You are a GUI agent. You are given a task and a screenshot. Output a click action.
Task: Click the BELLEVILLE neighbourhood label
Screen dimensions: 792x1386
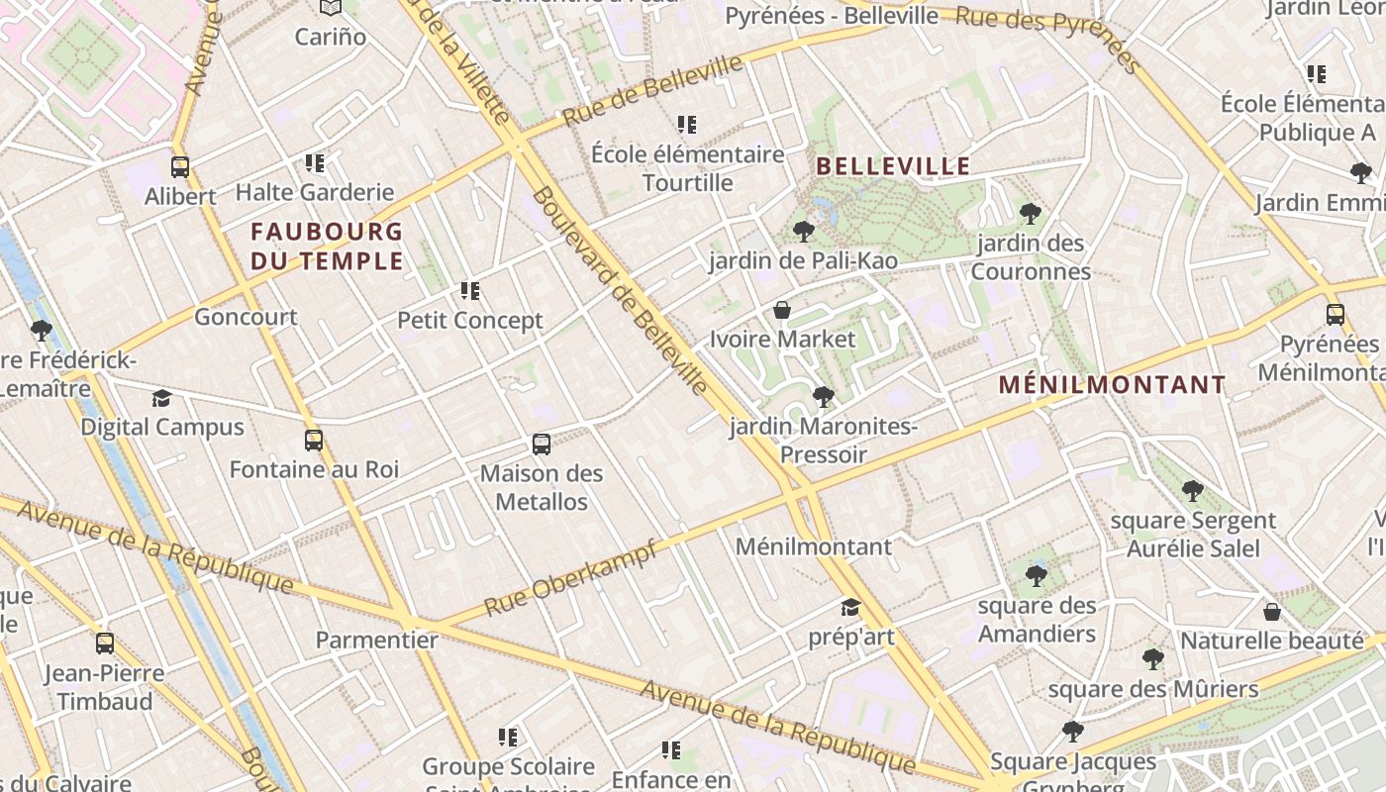pyautogui.click(x=893, y=165)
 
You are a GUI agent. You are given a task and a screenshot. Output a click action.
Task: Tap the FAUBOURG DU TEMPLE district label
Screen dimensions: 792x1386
pyautogui.click(x=327, y=247)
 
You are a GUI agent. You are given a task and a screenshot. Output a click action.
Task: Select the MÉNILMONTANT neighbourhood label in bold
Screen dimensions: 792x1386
pyautogui.click(x=1112, y=384)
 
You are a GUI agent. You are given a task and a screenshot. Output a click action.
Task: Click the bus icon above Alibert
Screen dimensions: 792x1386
pyautogui.click(x=179, y=166)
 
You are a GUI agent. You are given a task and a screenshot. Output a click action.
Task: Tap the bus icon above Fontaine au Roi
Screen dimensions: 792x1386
pyautogui.click(x=314, y=441)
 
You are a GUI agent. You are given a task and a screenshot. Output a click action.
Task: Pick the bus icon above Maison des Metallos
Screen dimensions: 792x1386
pyautogui.click(x=542, y=444)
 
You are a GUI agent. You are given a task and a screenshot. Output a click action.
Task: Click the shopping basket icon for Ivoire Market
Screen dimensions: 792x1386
pyautogui.click(x=782, y=310)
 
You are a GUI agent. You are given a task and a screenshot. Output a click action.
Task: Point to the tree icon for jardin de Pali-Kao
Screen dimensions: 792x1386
pyautogui.click(x=803, y=232)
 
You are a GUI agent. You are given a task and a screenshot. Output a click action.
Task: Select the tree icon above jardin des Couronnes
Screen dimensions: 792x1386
pyautogui.click(x=1030, y=213)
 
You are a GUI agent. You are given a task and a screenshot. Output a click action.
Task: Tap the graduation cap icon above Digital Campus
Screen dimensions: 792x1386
pyautogui.click(x=161, y=398)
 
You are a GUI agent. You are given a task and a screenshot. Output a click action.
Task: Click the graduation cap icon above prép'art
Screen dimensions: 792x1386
pyautogui.click(x=850, y=607)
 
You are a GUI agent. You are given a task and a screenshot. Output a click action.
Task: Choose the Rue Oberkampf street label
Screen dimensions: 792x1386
pyautogui.click(x=570, y=578)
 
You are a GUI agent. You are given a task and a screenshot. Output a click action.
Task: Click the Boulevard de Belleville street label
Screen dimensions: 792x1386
pyautogui.click(x=621, y=290)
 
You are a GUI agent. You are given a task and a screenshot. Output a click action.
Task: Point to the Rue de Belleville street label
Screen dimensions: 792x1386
pyautogui.click(x=652, y=90)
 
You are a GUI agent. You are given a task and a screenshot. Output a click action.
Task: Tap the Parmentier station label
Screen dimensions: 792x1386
pyautogui.click(x=376, y=640)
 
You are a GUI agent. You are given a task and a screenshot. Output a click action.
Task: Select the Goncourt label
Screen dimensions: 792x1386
pyautogui.click(x=246, y=317)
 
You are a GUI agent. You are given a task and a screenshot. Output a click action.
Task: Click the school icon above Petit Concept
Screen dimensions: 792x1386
pyautogui.click(x=470, y=291)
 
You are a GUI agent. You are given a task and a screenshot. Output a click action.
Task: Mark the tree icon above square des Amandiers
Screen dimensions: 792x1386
pyautogui.click(x=1037, y=575)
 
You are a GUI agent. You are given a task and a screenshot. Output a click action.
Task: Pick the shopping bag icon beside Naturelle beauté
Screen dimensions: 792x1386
pyautogui.click(x=1272, y=612)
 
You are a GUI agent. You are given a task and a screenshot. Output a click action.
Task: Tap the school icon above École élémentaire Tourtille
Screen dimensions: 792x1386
pyautogui.click(x=687, y=125)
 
